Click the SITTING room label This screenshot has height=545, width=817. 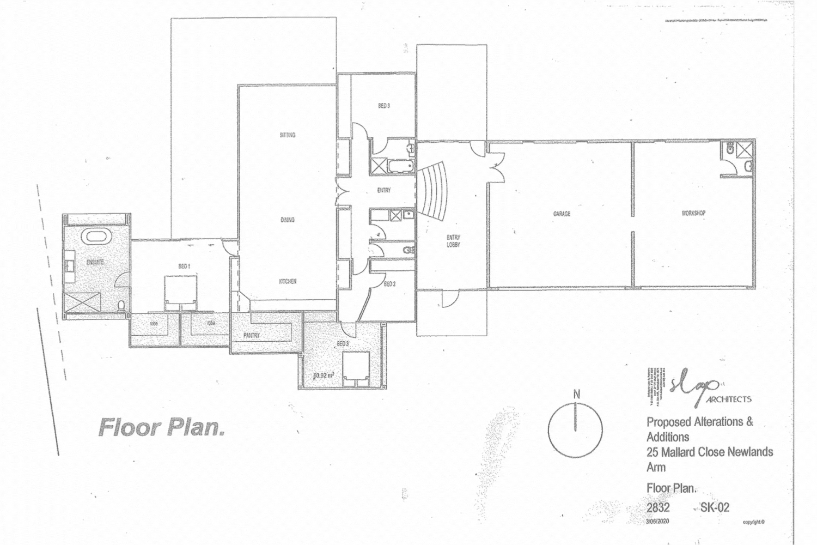pyautogui.click(x=288, y=135)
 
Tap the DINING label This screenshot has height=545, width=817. pyautogui.click(x=288, y=220)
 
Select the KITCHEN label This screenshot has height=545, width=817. pyautogui.click(x=288, y=281)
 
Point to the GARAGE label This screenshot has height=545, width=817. pyautogui.click(x=562, y=214)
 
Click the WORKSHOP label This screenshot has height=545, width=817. pyautogui.click(x=693, y=213)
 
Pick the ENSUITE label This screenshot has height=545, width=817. pyautogui.click(x=95, y=262)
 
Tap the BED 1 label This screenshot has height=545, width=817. pyautogui.click(x=184, y=266)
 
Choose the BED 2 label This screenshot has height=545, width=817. pyautogui.click(x=389, y=284)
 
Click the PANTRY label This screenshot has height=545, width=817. pyautogui.click(x=252, y=336)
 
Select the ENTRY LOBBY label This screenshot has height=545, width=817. pyautogui.click(x=453, y=241)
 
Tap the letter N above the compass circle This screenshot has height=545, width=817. pyautogui.click(x=577, y=394)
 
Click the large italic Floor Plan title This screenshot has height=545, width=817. pyautogui.click(x=161, y=427)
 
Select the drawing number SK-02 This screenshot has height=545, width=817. pyautogui.click(x=715, y=507)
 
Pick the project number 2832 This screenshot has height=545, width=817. pyautogui.click(x=658, y=507)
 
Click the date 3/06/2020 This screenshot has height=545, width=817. pyautogui.click(x=657, y=522)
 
